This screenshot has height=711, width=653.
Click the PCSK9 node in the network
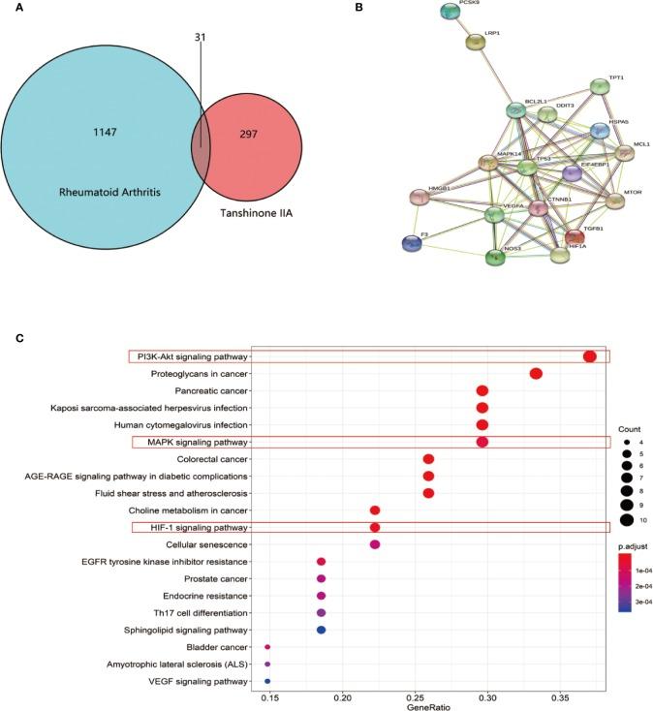click(x=450, y=12)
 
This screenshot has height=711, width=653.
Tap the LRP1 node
click(x=476, y=42)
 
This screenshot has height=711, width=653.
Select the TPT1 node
click(x=600, y=87)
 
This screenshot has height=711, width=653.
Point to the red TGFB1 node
click(x=575, y=237)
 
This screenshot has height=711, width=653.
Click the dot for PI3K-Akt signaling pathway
click(x=589, y=356)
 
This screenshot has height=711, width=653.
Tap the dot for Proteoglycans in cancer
click(x=536, y=374)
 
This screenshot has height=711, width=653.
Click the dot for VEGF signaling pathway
click(x=267, y=682)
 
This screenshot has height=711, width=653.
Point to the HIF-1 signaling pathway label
click(x=191, y=527)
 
